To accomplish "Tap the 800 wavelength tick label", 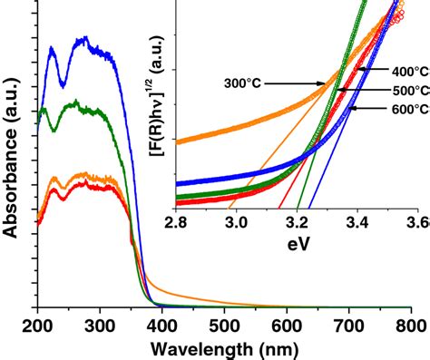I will click(x=410, y=325).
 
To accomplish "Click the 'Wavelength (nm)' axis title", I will click(x=223, y=347).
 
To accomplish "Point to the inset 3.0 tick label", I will click(x=236, y=221).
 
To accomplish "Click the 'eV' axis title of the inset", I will click(x=295, y=242).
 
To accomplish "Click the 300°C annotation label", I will click(x=243, y=83).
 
